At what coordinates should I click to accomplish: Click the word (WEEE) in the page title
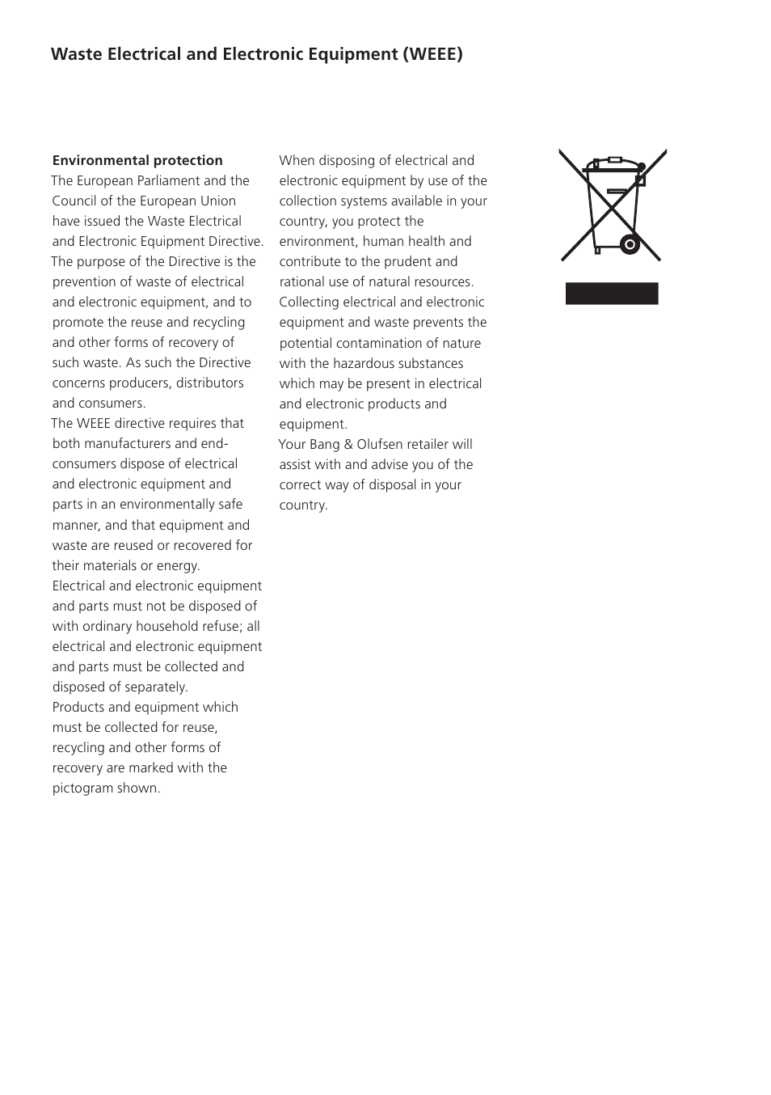433,54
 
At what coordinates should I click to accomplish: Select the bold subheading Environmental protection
137,160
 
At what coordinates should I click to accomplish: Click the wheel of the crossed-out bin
630,244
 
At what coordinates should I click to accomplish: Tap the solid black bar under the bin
612,294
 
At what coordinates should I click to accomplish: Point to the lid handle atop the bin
614,160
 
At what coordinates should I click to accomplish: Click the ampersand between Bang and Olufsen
348,444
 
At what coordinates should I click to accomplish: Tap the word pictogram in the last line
83,788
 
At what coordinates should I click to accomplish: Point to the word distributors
205,383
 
